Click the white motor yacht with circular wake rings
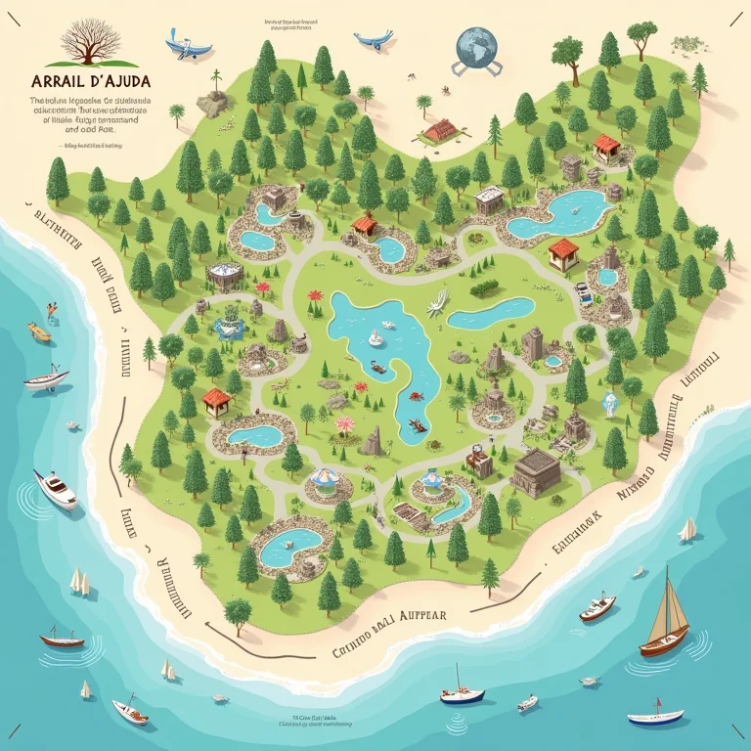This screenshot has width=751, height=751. click(x=55, y=488)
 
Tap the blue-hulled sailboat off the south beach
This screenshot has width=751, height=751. click(x=463, y=693)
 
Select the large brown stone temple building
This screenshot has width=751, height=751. click(x=536, y=473)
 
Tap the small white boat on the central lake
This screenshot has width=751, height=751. click(x=375, y=338)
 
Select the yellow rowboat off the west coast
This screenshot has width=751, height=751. click(x=38, y=331)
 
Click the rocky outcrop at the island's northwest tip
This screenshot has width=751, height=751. click(x=213, y=101)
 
